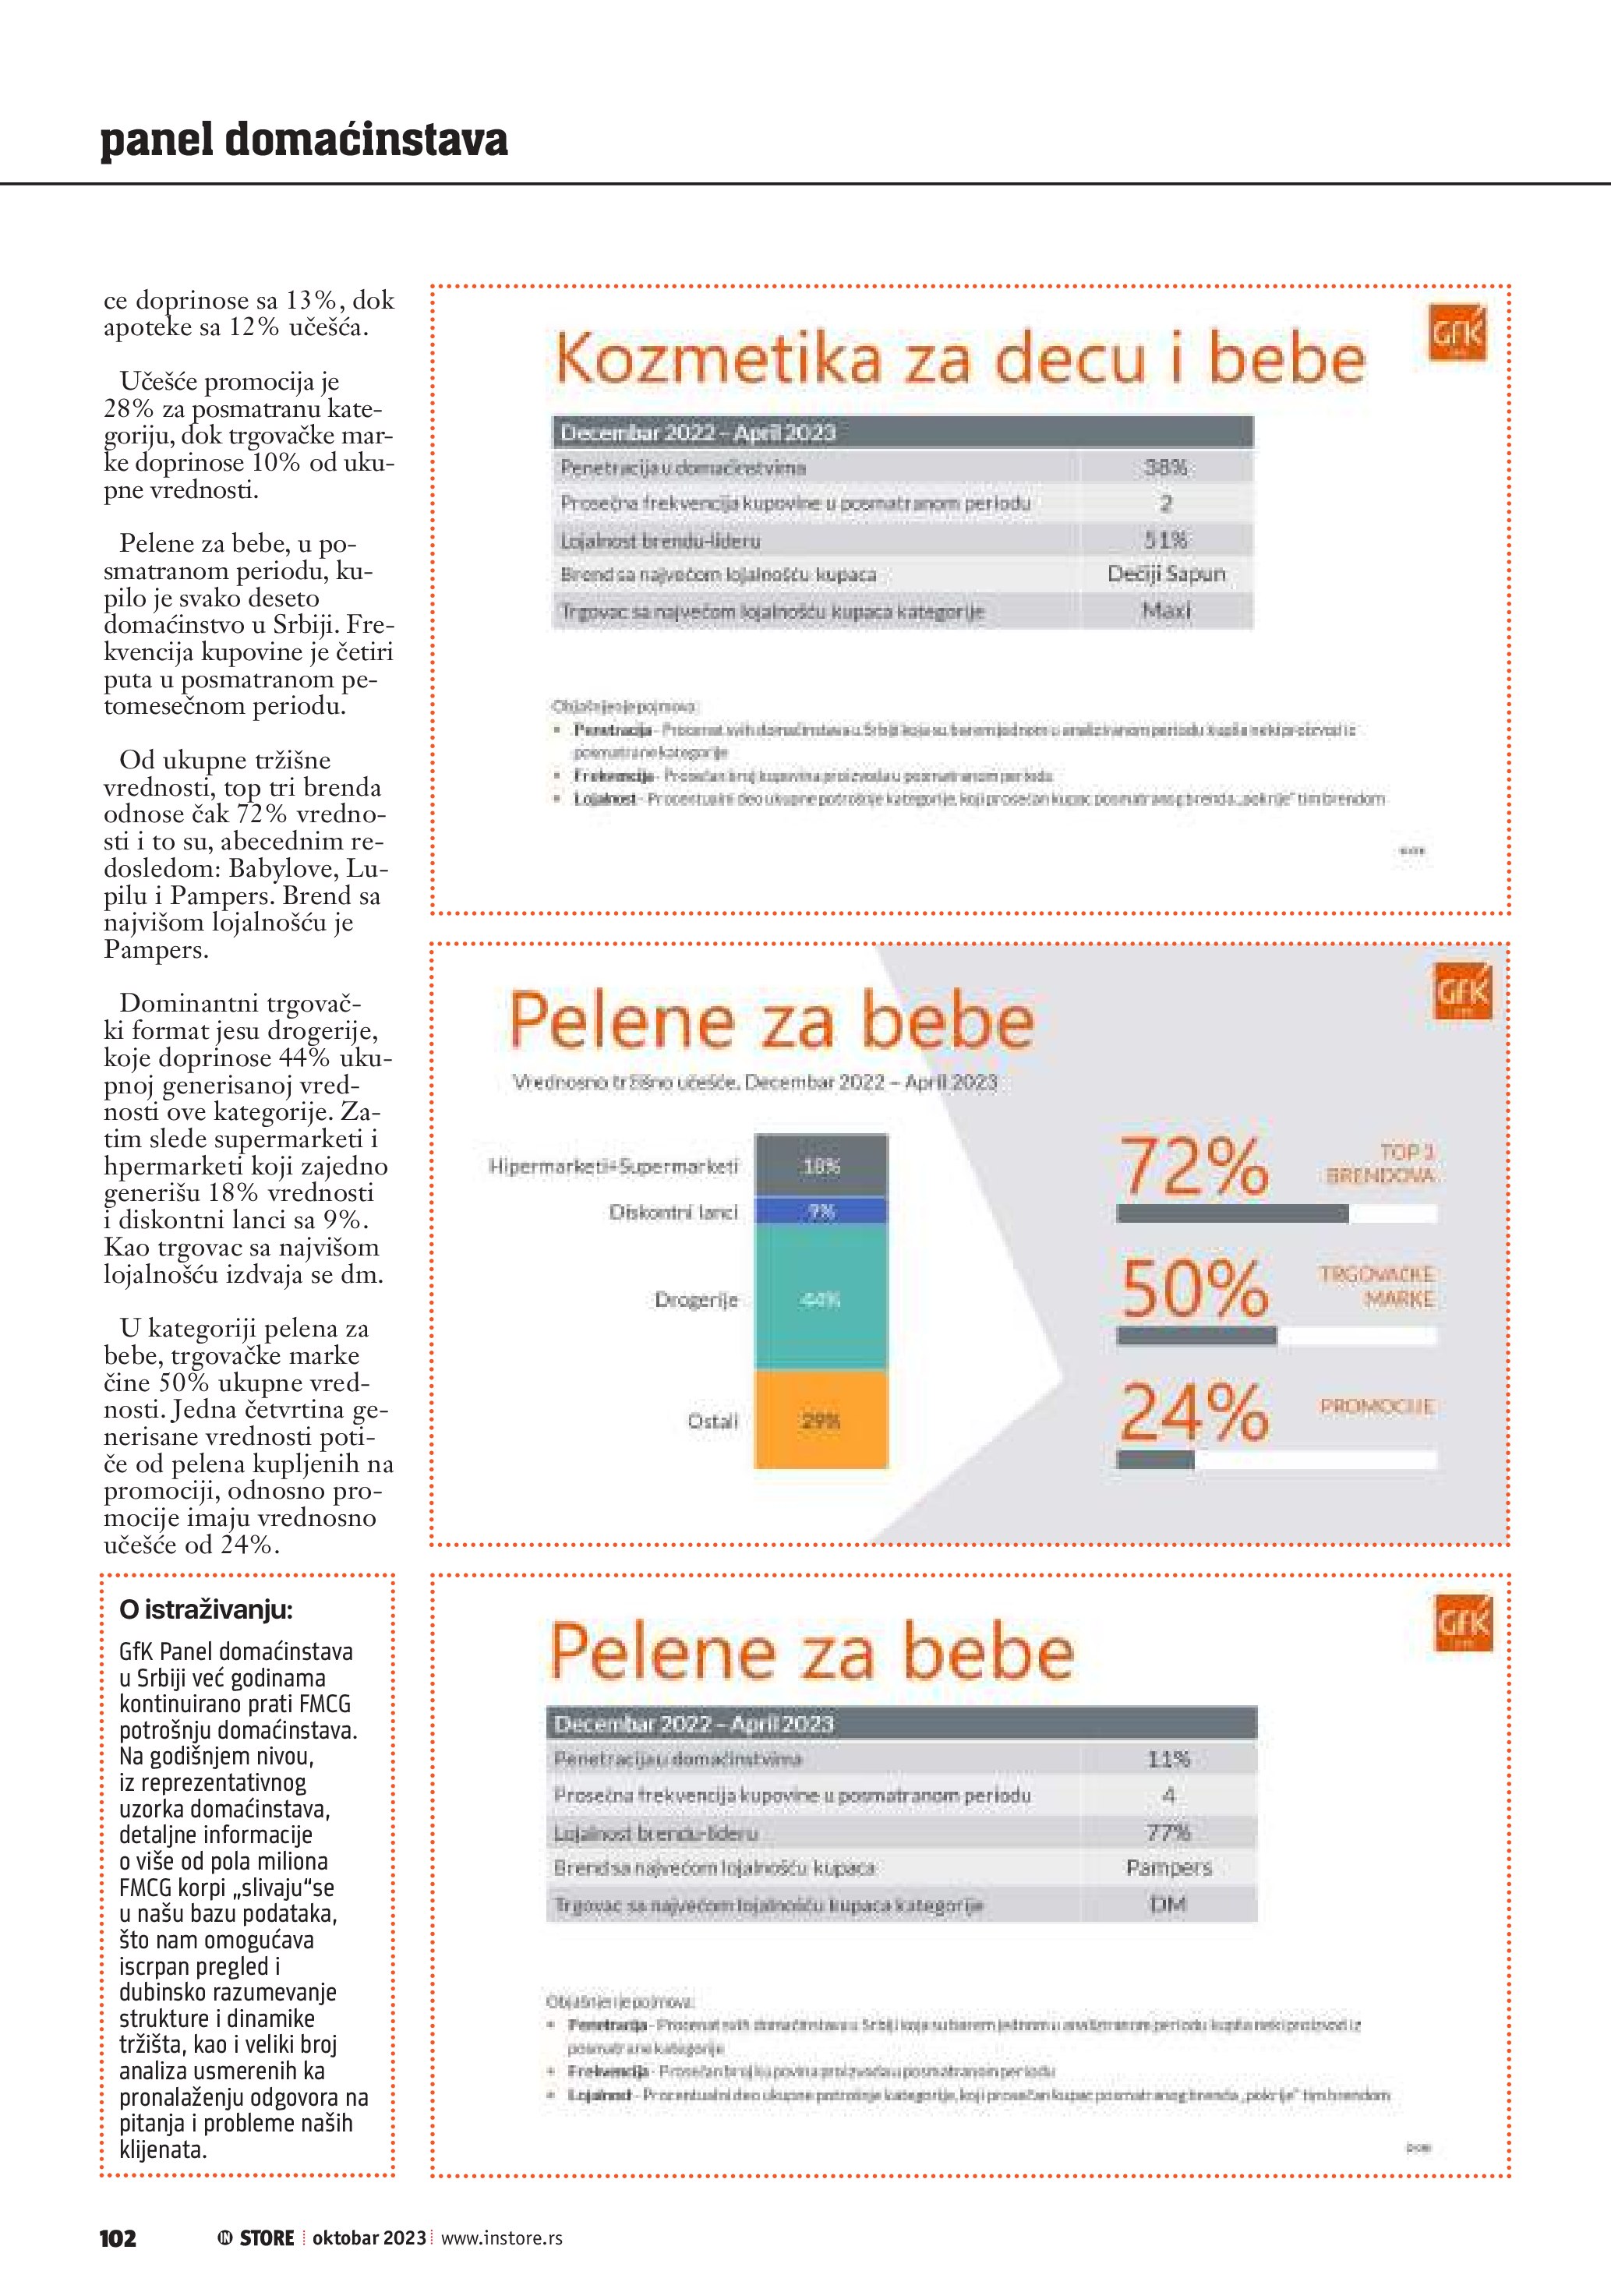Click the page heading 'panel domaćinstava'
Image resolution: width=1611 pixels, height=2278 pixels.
303,140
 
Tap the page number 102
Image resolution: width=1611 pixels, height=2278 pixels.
118,2237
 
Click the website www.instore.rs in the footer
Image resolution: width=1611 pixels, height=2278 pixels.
501,2237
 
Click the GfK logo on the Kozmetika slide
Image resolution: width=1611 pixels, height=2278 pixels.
1457,334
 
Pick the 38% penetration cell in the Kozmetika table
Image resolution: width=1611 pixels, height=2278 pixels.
1166,468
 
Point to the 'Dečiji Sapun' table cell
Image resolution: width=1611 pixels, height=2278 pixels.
1166,574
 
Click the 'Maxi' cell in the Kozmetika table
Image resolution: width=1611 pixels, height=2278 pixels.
1166,611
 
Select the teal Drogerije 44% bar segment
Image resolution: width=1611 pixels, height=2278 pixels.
821,1298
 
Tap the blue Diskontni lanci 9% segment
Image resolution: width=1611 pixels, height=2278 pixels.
821,1211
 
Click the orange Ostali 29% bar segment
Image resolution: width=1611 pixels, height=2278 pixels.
821,1421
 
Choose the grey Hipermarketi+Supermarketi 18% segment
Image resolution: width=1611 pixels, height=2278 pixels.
821,1166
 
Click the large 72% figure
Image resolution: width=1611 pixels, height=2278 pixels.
1194,1167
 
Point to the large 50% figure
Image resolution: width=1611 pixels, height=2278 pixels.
1194,1289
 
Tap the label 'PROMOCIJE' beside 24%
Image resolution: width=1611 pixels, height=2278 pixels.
1376,1406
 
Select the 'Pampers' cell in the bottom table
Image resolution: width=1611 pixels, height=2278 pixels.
1168,1867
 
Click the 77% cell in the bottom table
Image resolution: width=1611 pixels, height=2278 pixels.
1168,1831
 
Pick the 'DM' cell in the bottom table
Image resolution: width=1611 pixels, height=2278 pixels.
1168,1904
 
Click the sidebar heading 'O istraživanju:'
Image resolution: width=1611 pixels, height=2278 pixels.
205,1609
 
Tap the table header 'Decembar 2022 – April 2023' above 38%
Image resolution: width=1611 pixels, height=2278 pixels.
698,433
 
